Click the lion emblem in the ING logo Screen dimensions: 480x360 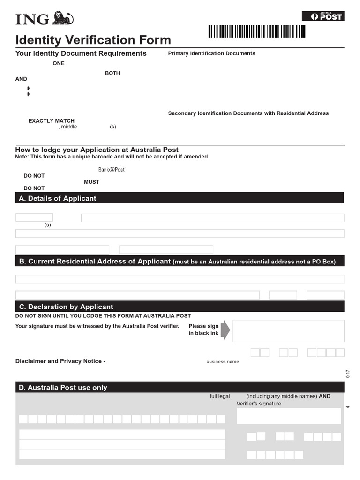click(x=62, y=18)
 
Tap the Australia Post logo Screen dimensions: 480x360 click(x=322, y=16)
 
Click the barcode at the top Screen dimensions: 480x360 click(x=256, y=31)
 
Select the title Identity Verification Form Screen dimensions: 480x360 click(x=93, y=40)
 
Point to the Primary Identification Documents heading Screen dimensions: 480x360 click(x=211, y=53)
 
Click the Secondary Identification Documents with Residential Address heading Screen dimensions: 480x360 click(x=248, y=113)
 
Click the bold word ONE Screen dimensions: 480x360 click(x=59, y=63)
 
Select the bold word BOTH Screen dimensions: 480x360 click(x=112, y=73)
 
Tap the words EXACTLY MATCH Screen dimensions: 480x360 click(x=51, y=121)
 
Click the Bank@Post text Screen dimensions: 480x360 click(x=112, y=170)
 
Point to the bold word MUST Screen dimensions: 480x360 click(x=91, y=182)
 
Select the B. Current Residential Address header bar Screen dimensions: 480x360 click(x=180, y=261)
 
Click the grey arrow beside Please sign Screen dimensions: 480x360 click(x=225, y=330)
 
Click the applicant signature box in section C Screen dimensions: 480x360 click(x=288, y=331)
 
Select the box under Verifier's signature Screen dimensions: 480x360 click(x=289, y=416)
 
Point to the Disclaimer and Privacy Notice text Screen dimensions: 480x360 click(x=60, y=361)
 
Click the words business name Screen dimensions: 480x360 click(x=223, y=362)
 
